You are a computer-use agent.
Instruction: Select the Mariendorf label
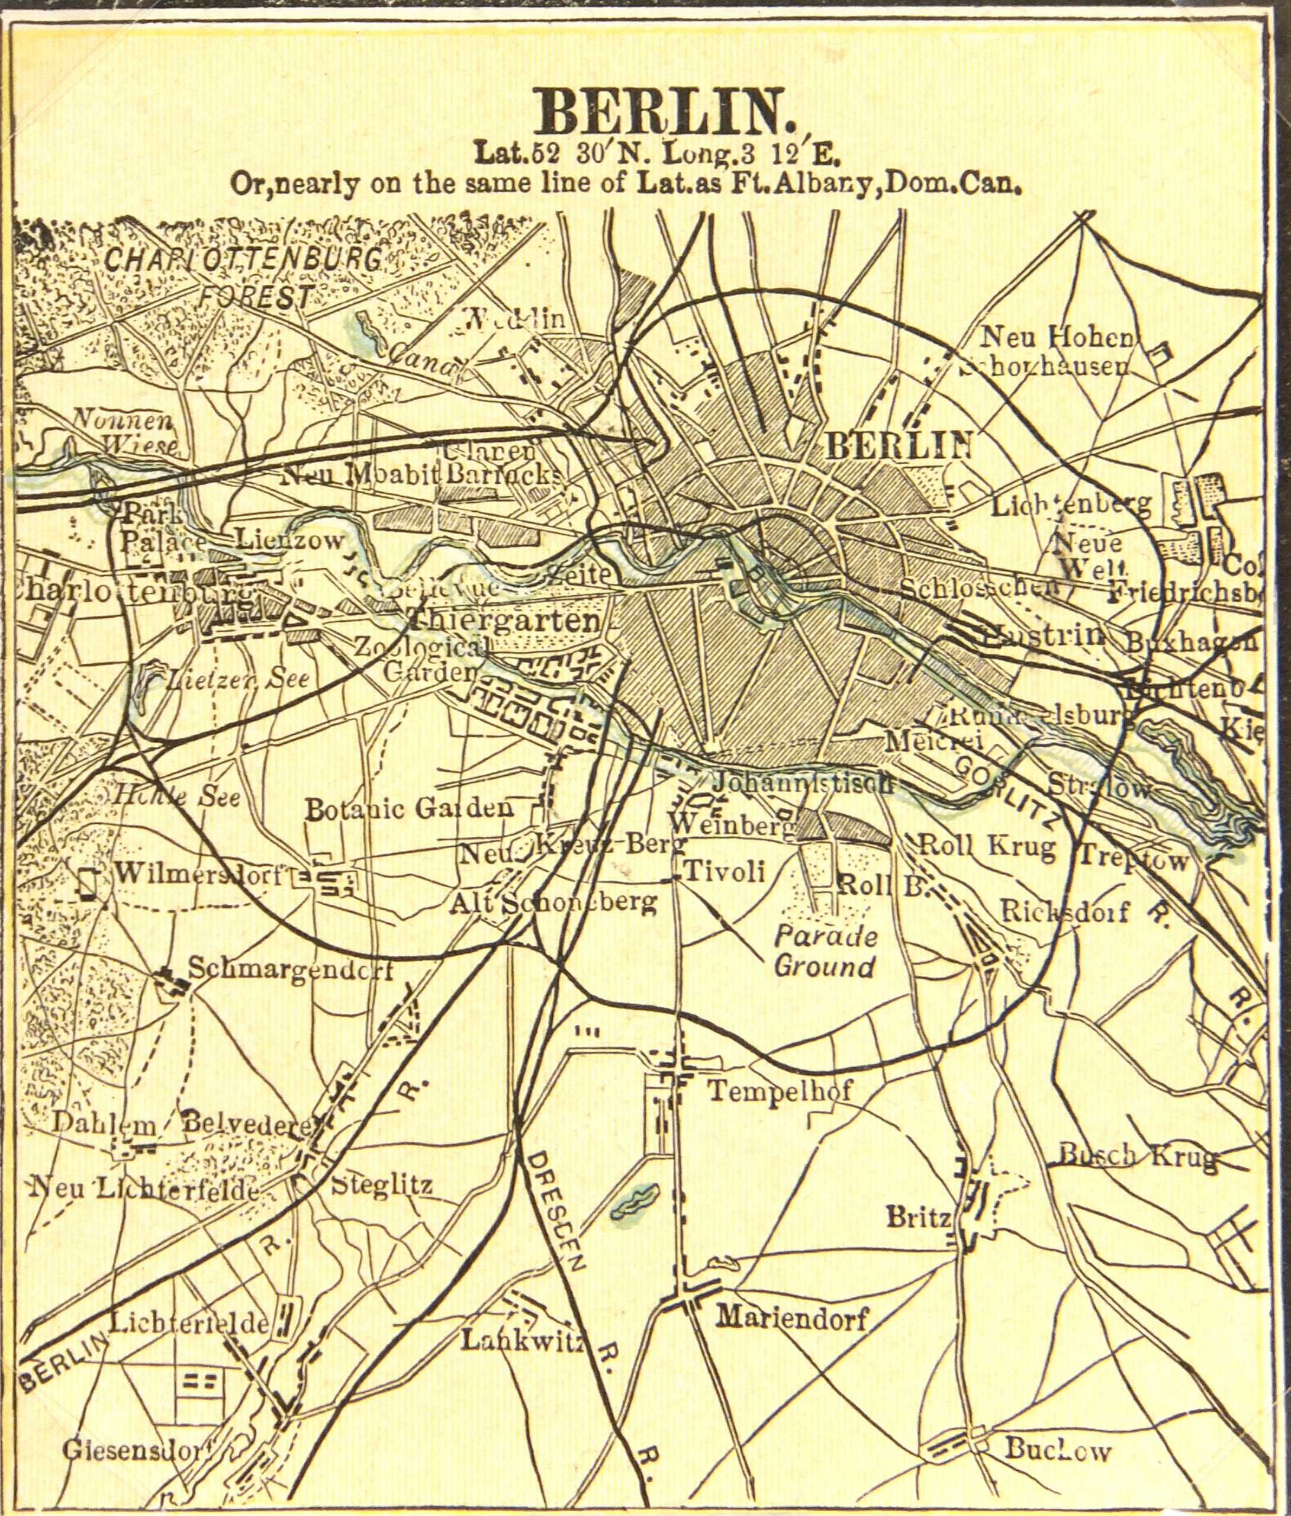791,1319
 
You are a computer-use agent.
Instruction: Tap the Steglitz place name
382,1184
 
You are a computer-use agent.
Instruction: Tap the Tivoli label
724,871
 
